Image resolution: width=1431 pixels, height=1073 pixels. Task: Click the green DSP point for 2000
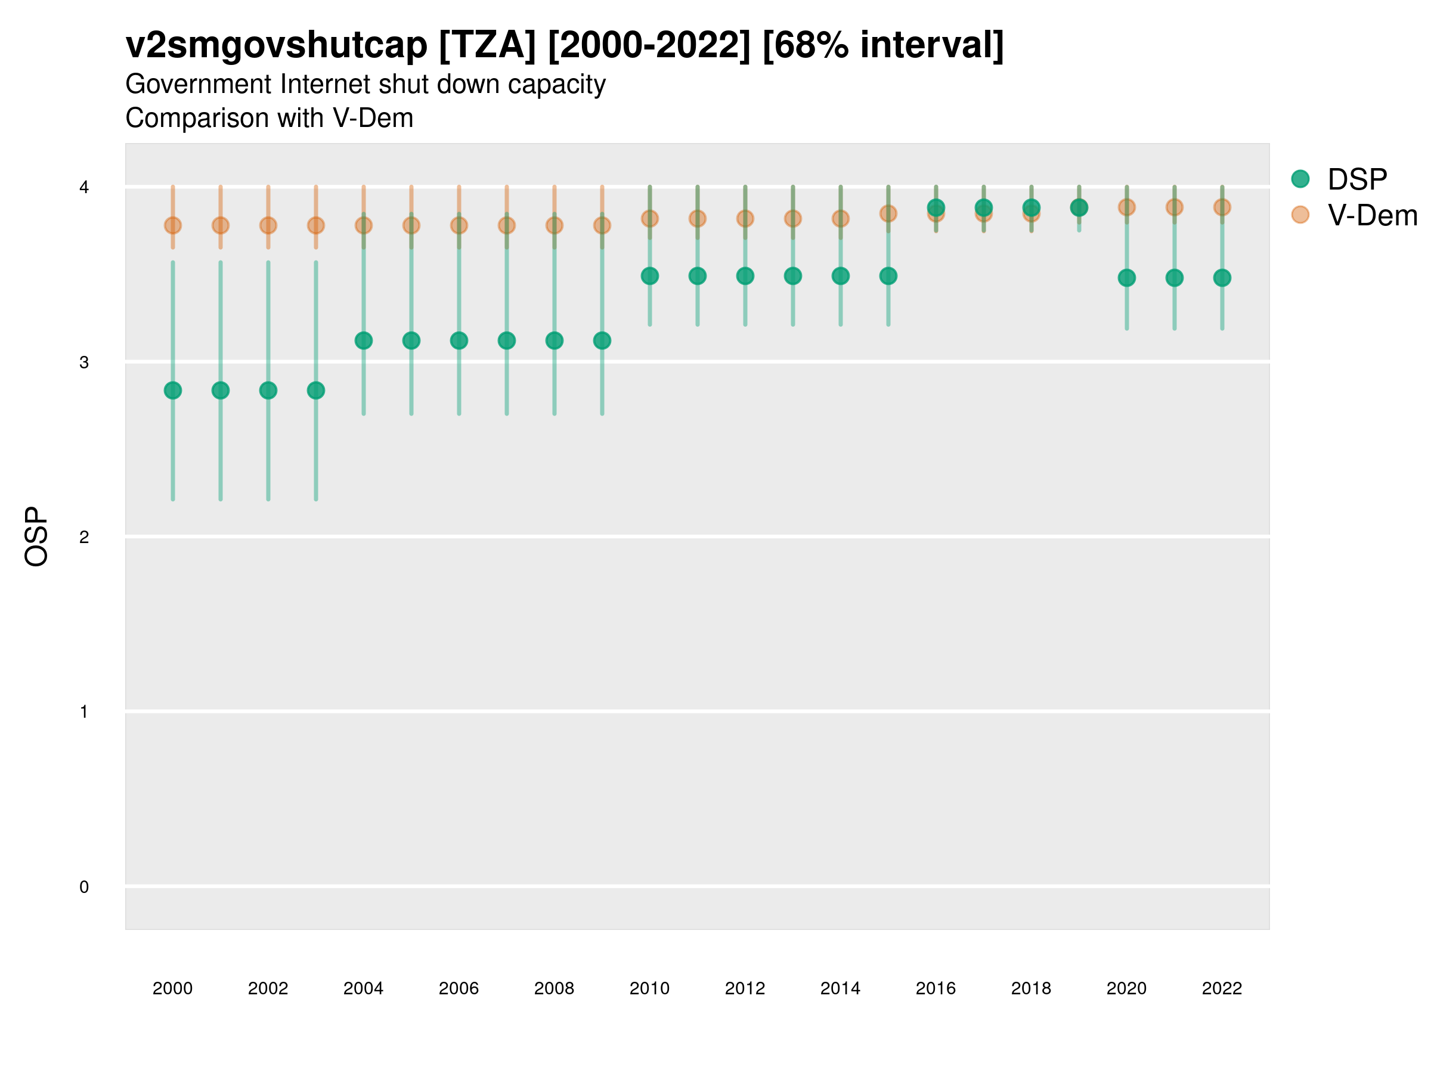pos(173,390)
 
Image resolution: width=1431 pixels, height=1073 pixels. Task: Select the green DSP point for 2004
pos(364,341)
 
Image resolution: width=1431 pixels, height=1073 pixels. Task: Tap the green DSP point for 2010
pos(649,276)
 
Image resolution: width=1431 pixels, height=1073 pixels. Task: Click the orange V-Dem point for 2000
pos(173,226)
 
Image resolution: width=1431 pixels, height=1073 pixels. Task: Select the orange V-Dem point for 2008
pos(555,226)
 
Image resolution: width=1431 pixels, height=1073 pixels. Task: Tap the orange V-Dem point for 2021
pos(1174,207)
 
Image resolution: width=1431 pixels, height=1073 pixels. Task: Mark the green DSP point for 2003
pos(315,390)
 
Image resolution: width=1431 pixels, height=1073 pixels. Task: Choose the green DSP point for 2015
pos(888,276)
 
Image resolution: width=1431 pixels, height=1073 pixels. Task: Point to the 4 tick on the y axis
pos(84,188)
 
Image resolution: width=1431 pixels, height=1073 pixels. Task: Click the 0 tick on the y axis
pos(84,888)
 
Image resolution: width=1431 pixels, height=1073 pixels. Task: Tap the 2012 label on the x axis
pos(745,989)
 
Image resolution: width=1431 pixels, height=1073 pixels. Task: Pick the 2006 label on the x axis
pos(459,989)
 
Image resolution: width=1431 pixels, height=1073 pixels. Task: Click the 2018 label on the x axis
pos(1031,989)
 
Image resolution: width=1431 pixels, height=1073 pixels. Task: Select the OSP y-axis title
pos(36,537)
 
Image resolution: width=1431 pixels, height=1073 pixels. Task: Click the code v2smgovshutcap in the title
pos(276,45)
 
